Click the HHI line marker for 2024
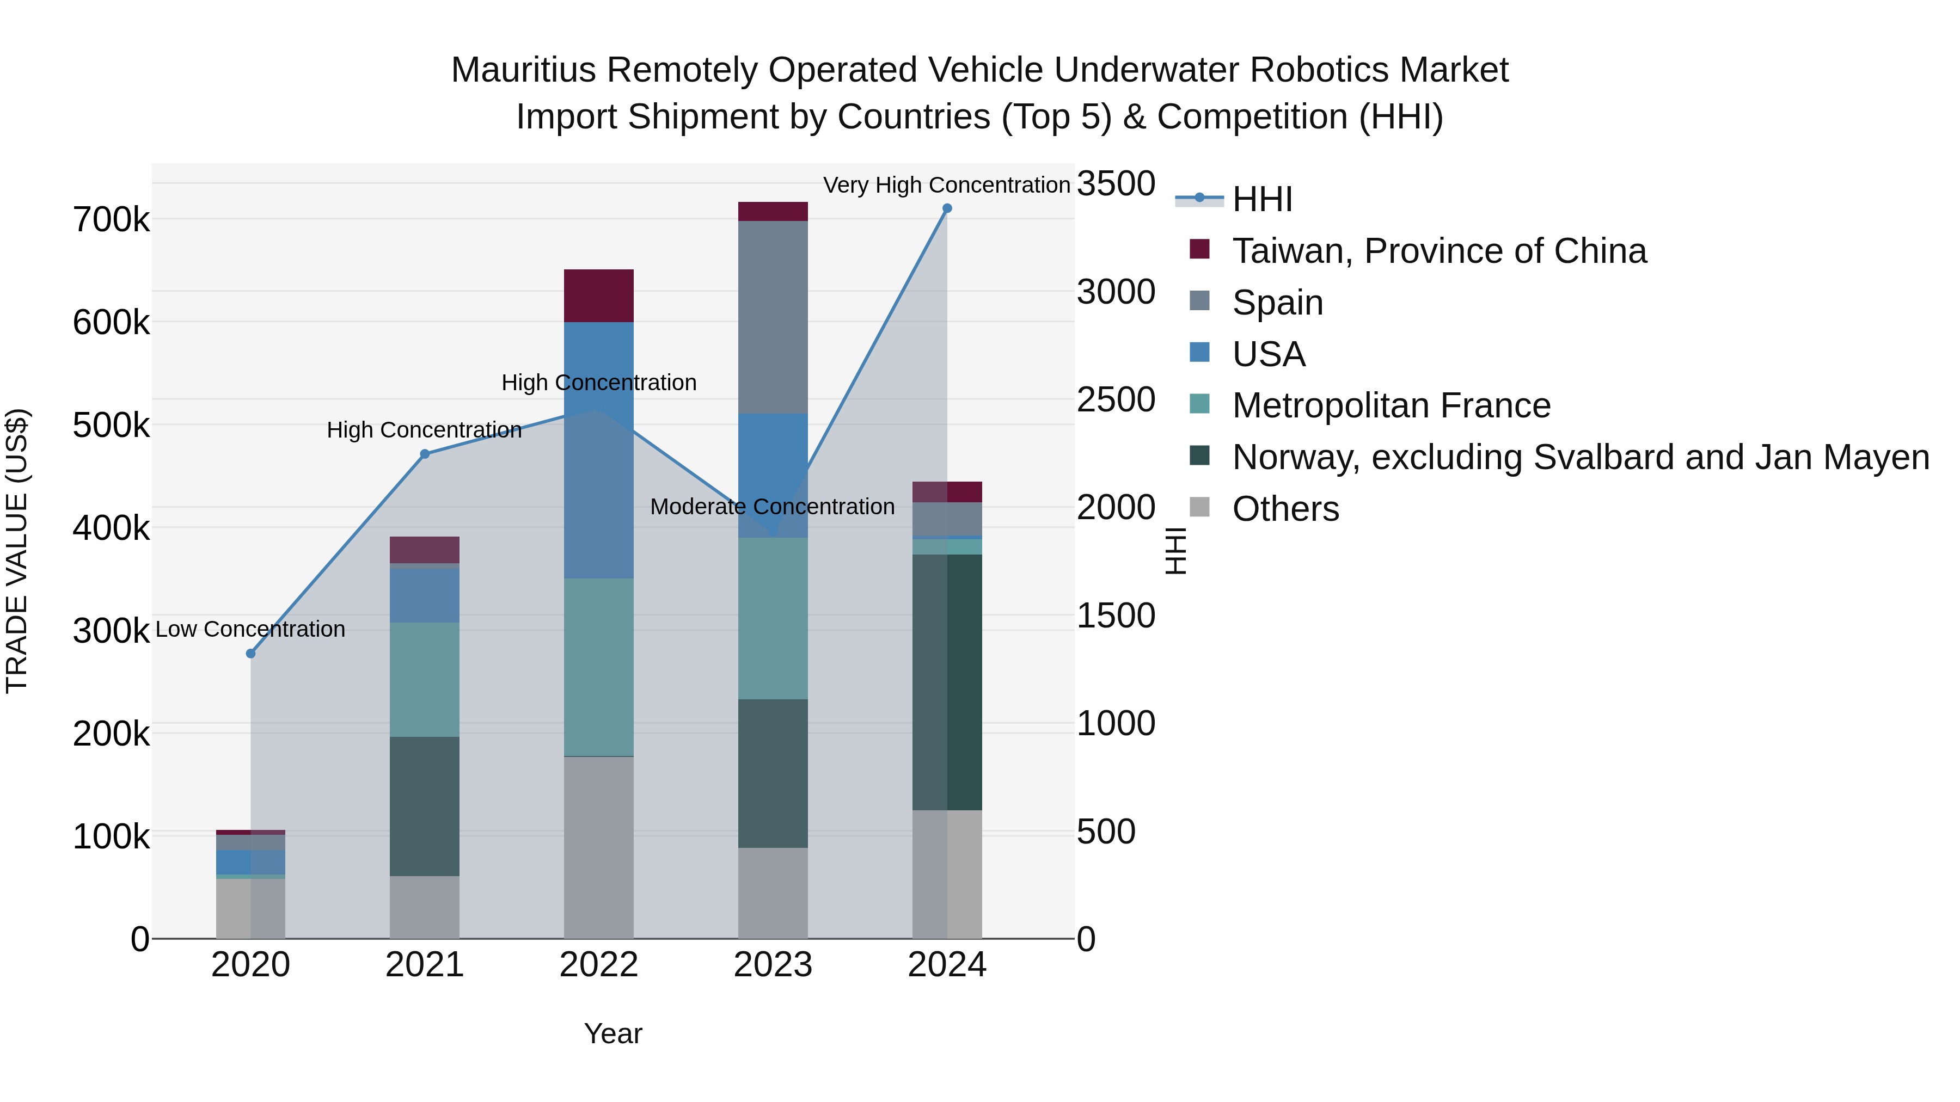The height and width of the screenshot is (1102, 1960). click(947, 208)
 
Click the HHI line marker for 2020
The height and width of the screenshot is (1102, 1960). click(251, 653)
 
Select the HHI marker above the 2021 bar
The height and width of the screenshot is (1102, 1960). click(425, 454)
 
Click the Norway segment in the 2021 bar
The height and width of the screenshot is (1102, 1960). click(425, 806)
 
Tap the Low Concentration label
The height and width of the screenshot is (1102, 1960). click(250, 629)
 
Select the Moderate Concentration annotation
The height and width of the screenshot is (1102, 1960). click(771, 507)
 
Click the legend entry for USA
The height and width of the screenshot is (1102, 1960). click(1269, 354)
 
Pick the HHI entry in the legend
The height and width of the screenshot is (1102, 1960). click(1261, 199)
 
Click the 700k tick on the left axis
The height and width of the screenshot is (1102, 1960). click(111, 220)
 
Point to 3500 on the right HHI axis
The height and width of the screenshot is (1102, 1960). click(1116, 184)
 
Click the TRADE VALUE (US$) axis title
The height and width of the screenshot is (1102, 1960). click(17, 551)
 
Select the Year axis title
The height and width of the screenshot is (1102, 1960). click(612, 1033)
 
